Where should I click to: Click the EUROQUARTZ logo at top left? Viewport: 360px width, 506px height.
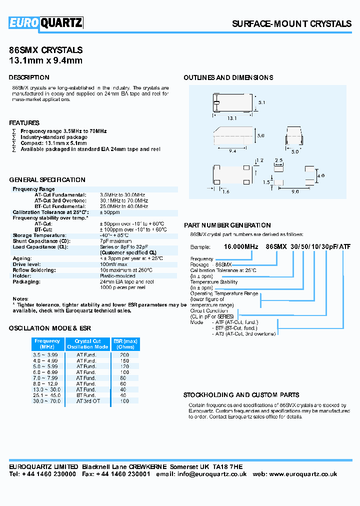tap(45, 23)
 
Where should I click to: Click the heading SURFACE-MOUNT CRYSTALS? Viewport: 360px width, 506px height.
tap(291, 24)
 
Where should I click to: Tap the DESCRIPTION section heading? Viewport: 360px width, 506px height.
tap(29, 77)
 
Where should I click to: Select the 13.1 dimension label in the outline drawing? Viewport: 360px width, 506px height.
tap(232, 118)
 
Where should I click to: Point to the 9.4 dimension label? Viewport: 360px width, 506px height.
tap(232, 150)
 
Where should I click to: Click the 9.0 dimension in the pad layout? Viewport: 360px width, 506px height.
tap(295, 191)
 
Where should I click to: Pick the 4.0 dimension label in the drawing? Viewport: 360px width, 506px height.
tap(321, 175)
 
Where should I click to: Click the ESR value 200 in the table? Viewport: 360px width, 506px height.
tap(124, 354)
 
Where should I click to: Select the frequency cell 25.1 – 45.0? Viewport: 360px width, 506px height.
tap(45, 395)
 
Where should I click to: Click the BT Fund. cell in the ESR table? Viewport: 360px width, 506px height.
tap(86, 395)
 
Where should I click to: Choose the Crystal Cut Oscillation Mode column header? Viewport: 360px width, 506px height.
tap(87, 344)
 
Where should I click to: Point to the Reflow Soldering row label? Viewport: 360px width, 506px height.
tap(32, 270)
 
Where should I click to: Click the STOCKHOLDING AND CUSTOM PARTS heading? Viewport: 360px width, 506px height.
tap(241, 394)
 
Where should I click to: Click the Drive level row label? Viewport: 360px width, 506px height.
tap(25, 264)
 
